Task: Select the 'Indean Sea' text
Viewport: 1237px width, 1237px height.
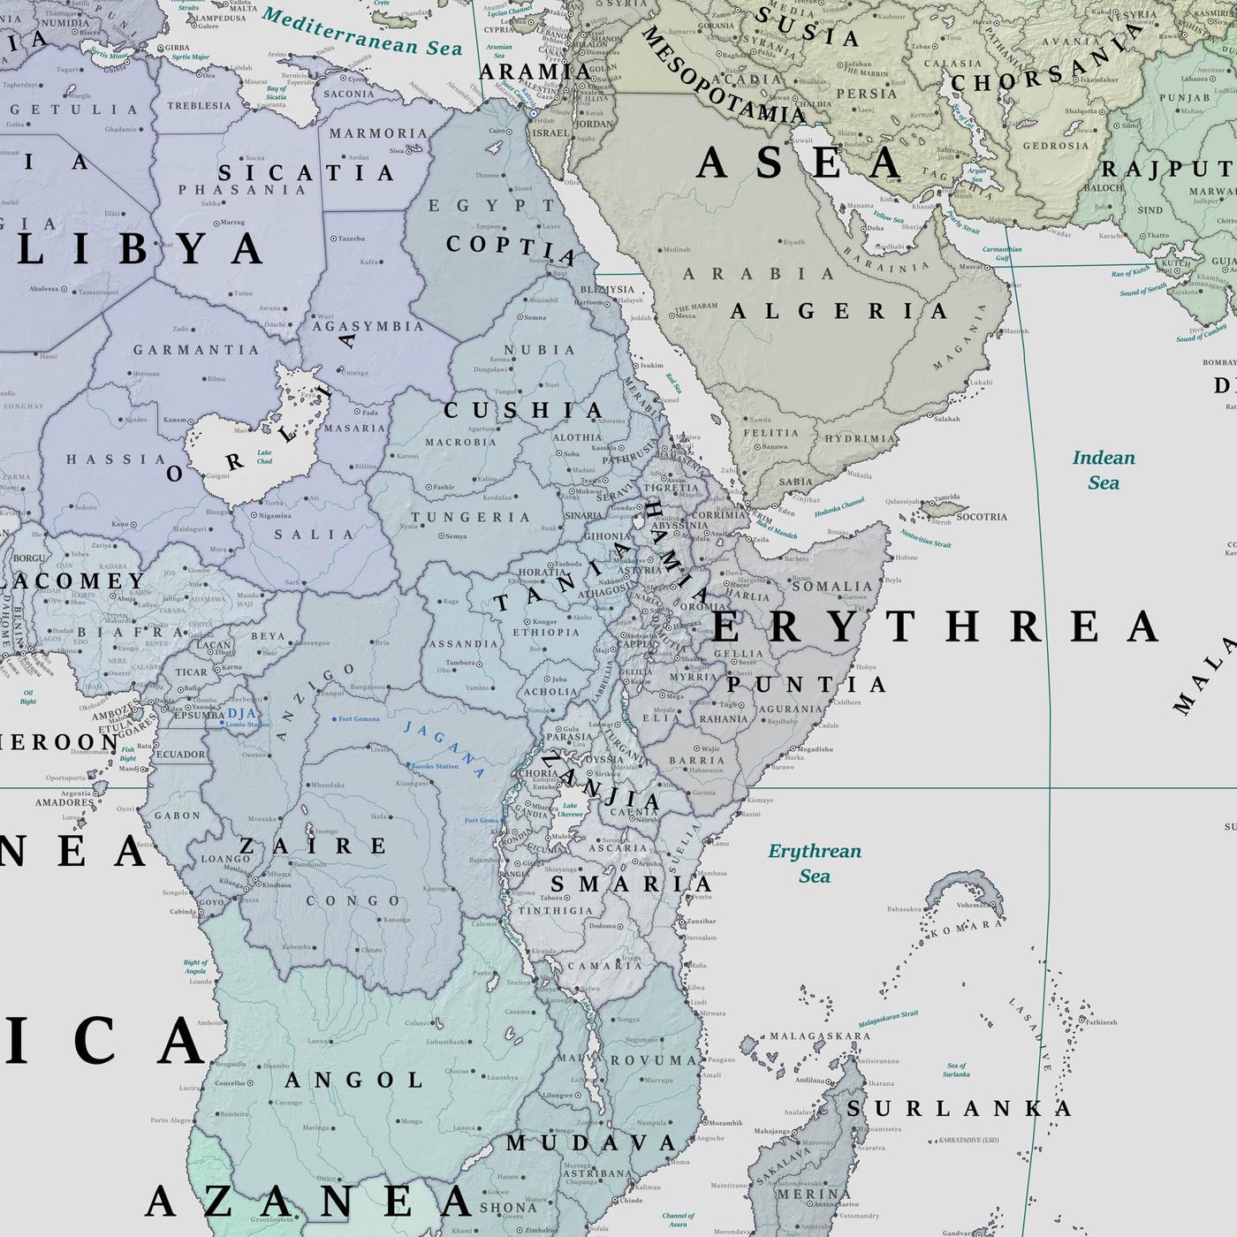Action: pos(1104,470)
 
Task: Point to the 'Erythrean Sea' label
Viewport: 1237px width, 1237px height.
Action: pos(814,863)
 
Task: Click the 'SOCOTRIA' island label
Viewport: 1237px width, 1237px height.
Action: pos(981,517)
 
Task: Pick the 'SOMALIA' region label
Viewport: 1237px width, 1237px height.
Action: pos(831,586)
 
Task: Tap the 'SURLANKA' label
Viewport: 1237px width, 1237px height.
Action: pos(960,1109)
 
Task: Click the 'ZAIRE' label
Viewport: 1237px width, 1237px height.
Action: pos(314,846)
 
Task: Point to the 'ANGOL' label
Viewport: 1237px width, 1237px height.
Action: pos(355,1080)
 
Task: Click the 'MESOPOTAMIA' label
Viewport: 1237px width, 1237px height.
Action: pos(722,75)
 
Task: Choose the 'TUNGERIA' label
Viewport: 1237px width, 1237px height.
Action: pos(470,517)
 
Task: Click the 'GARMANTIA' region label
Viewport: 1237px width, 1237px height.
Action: pos(196,350)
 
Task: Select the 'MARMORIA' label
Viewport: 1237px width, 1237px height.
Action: pos(378,133)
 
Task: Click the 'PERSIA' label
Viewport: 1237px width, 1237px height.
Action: pos(866,94)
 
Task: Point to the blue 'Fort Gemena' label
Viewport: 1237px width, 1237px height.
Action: pos(358,719)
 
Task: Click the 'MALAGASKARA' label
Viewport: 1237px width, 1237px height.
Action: pos(808,1036)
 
